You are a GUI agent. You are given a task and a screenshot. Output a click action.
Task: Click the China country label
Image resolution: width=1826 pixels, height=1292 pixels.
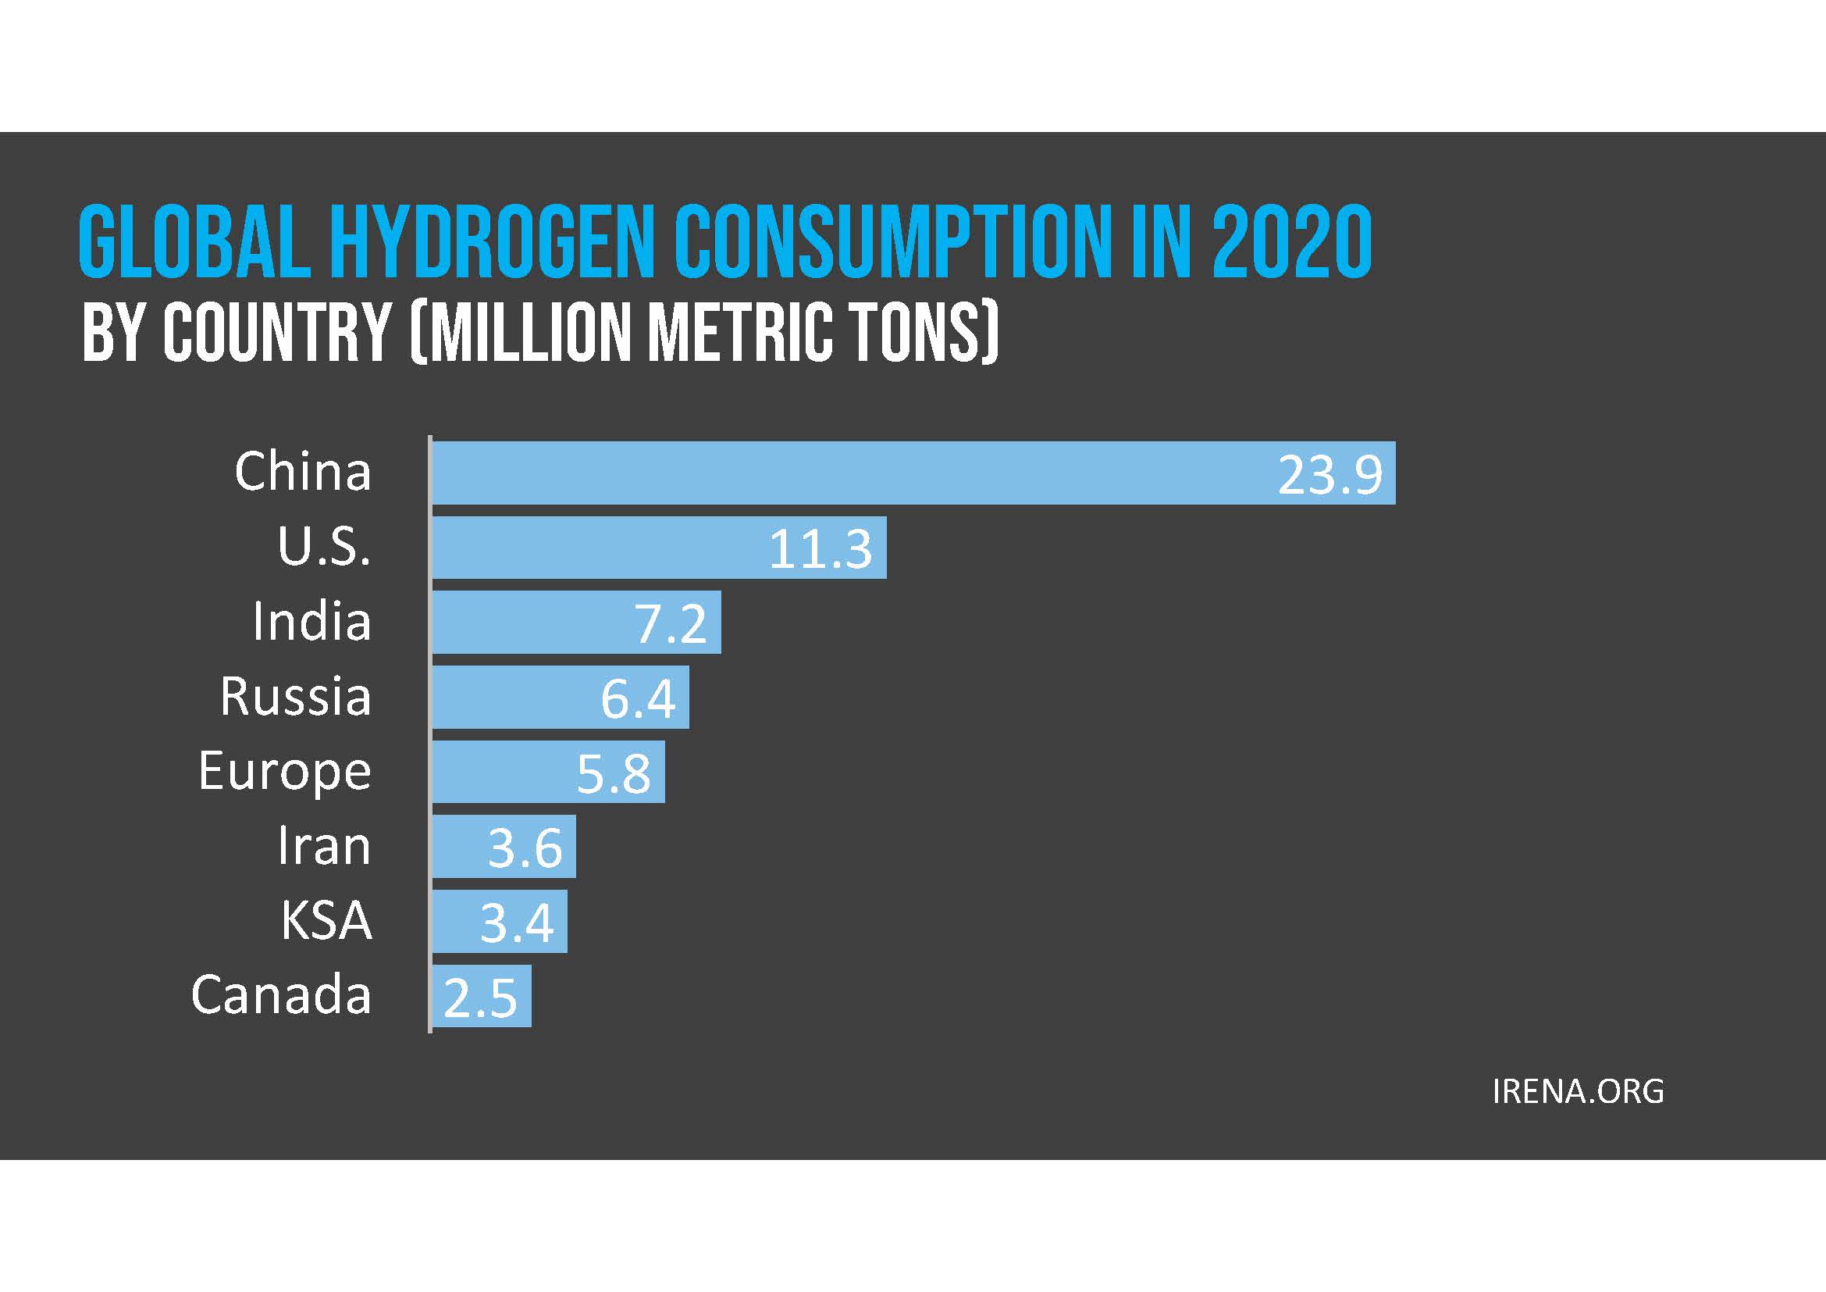pos(303,472)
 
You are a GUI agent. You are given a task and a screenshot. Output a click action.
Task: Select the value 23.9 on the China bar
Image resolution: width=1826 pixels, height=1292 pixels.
pos(1329,476)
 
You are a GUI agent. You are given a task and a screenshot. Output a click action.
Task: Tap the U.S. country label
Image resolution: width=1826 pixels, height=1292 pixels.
pos(324,547)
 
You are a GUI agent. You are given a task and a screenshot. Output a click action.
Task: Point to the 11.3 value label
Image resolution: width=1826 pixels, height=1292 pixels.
pos(820,550)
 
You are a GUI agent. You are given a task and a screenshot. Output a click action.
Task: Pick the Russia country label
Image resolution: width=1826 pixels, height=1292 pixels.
pos(296,697)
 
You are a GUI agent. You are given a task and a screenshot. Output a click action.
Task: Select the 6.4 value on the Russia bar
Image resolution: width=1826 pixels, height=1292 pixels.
pos(638,699)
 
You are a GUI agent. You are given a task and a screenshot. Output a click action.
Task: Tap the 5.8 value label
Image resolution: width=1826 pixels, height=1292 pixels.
pos(613,774)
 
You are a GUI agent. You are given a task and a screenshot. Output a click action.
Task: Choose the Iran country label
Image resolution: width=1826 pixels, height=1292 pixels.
pos(324,846)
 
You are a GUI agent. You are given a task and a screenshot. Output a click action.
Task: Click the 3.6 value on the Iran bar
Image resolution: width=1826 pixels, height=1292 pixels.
pos(525,848)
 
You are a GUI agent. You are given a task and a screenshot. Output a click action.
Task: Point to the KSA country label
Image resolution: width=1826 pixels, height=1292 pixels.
pos(326,920)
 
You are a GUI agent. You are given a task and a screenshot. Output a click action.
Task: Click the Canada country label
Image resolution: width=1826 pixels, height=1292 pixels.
pos(282,994)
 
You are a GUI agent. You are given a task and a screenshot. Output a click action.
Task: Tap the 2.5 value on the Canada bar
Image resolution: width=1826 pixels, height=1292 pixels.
pos(480,998)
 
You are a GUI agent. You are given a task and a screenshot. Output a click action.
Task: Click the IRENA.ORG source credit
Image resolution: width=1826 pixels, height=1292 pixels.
pos(1578,1091)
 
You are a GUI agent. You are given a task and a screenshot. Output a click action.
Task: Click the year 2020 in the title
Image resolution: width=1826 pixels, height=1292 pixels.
pos(1292,242)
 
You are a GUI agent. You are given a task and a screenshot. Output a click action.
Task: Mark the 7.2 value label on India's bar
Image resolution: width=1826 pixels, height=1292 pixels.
pos(670,625)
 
